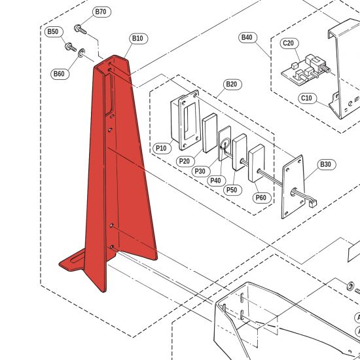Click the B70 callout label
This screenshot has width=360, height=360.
click(101, 12)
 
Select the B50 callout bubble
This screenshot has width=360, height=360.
click(54, 31)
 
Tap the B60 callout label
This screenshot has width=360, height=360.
click(60, 74)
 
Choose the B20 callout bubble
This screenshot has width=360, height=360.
click(232, 84)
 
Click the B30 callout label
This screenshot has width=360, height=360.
click(327, 164)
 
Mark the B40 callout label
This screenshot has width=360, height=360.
click(247, 37)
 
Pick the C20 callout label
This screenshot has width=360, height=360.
click(289, 43)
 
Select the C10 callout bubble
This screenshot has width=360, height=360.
click(308, 98)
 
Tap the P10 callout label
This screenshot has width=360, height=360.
click(162, 148)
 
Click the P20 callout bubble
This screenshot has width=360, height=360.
click(185, 161)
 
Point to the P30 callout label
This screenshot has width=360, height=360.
click(201, 171)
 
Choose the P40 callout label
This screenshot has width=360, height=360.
click(217, 181)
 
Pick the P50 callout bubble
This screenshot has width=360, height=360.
click(232, 190)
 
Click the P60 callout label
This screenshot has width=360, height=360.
click(262, 198)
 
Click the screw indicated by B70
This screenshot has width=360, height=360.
click(80, 29)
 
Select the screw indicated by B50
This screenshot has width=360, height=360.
click(71, 47)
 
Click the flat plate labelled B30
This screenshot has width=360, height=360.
click(293, 187)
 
